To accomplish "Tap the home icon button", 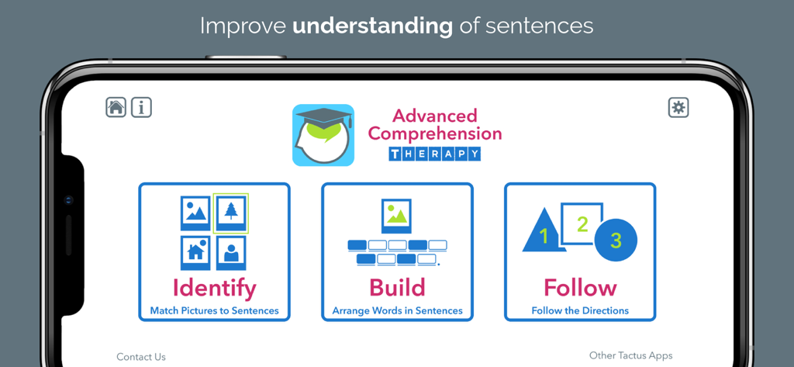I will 116,107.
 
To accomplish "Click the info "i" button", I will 141,107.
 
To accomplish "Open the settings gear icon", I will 678,107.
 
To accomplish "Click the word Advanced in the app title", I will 434,116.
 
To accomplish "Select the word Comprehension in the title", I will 434,133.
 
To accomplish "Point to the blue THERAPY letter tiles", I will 434,154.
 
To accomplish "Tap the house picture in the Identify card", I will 195,251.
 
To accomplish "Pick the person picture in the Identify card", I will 231,251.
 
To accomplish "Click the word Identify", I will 214,288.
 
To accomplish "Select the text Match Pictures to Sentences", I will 214,311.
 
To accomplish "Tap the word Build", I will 397,288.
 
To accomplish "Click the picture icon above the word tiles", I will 397,216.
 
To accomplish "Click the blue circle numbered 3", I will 616,241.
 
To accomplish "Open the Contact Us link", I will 141,357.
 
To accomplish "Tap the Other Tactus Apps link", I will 630,355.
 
